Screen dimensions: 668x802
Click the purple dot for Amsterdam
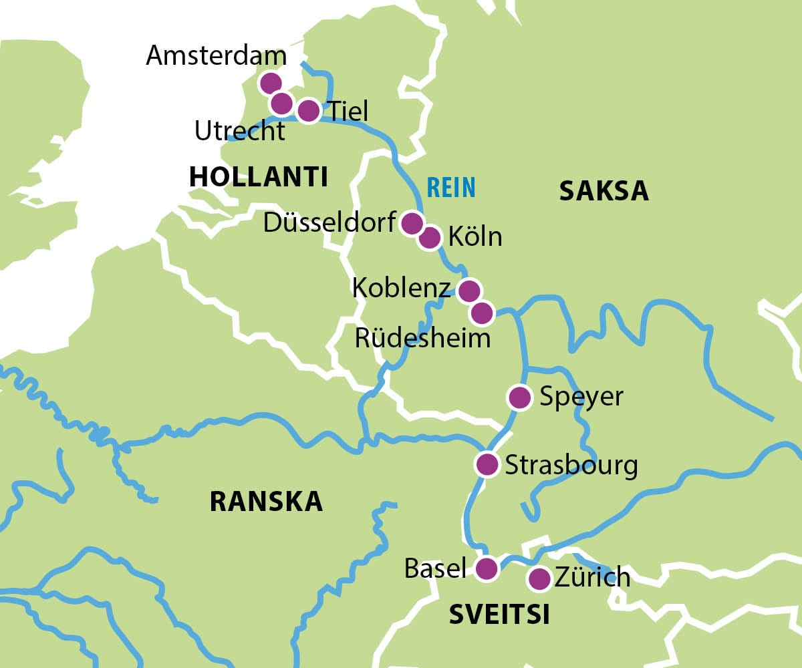tap(270, 83)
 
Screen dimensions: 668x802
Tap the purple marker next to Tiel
tap(308, 110)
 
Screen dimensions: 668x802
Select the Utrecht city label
tap(239, 131)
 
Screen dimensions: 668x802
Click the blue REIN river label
tap(451, 188)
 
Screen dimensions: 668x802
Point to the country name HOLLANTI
tap(258, 177)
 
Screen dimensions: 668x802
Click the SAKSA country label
tap(604, 191)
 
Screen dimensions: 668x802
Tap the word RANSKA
tap(266, 501)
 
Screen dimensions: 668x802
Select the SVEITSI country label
tap(499, 615)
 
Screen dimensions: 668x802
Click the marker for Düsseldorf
tap(412, 222)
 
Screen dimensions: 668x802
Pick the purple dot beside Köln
tap(430, 237)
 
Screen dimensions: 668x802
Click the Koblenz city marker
tap(469, 291)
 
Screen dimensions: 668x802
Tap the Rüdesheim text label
tap(422, 338)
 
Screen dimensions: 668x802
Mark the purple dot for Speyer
tap(519, 397)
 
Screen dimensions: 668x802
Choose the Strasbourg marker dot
tap(487, 464)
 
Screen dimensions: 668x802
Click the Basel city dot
tap(487, 568)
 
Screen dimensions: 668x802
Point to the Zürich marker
tap(539, 578)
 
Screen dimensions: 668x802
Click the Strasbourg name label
tap(571, 465)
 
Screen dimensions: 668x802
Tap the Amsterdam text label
tap(216, 55)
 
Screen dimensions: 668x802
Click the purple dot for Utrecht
tap(282, 103)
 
